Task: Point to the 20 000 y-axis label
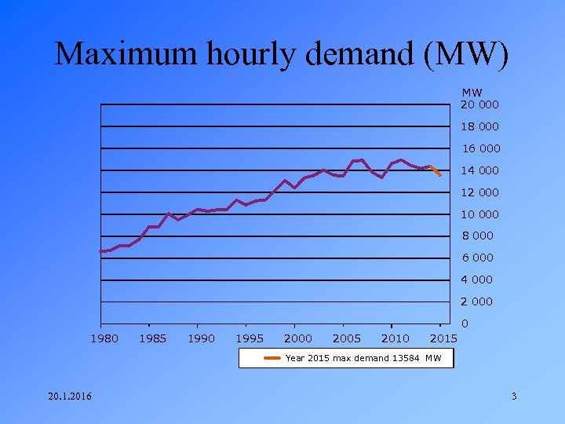pyautogui.click(x=479, y=104)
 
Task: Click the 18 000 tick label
pyautogui.click(x=479, y=126)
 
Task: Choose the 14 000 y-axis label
pyautogui.click(x=479, y=170)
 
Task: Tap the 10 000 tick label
pyautogui.click(x=479, y=214)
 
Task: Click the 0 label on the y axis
pyautogui.click(x=465, y=323)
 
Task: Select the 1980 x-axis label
pyautogui.click(x=104, y=338)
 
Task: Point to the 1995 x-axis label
pyautogui.click(x=250, y=338)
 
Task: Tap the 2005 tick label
pyautogui.click(x=347, y=338)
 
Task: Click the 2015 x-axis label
pyautogui.click(x=444, y=338)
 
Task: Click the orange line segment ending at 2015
pyautogui.click(x=436, y=170)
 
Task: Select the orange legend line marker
pyautogui.click(x=273, y=358)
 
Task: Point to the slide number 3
pyautogui.click(x=514, y=396)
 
